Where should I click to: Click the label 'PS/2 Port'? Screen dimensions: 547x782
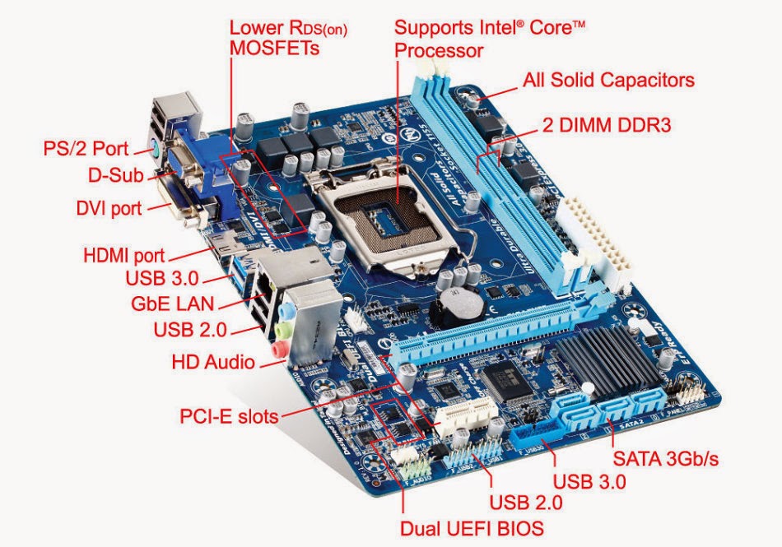click(86, 149)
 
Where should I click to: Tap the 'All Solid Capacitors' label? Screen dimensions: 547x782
click(608, 80)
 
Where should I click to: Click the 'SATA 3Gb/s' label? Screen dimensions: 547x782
click(664, 458)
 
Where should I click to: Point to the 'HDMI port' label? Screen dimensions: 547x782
click(123, 254)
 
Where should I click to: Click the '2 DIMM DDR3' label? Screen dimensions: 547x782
click(607, 126)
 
